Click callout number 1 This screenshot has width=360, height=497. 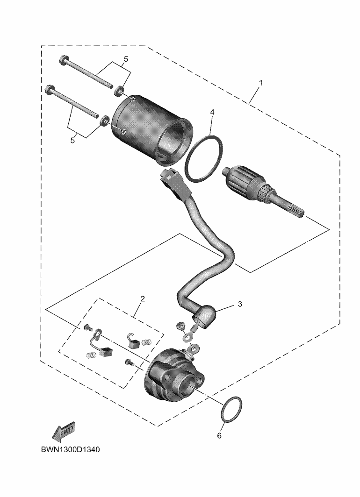point(261,83)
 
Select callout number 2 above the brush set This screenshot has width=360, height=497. point(143,298)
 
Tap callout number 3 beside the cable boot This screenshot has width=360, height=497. point(240,304)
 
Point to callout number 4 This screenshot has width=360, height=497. point(212,112)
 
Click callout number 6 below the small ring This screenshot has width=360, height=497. point(219,435)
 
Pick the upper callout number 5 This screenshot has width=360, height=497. point(126,59)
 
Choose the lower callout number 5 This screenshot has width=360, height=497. point(72,141)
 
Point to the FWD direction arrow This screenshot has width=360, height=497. point(64,432)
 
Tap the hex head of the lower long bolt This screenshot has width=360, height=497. point(50,90)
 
